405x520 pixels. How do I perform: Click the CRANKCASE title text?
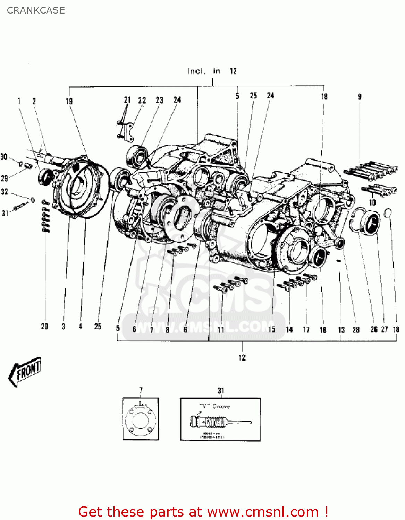point(36,10)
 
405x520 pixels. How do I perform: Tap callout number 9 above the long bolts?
point(360,97)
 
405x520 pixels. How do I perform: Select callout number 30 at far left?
point(4,157)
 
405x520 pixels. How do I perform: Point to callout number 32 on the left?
point(5,192)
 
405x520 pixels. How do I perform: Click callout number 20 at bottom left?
point(44,326)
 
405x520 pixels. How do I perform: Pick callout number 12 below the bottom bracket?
point(242,357)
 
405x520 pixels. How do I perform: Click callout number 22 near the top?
point(142,101)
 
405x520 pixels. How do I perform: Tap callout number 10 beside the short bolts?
point(372,202)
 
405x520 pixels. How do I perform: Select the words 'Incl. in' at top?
point(204,71)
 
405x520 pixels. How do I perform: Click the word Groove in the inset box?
point(221,406)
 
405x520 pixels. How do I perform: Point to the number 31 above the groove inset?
point(221,391)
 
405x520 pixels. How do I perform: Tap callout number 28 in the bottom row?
point(356,330)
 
